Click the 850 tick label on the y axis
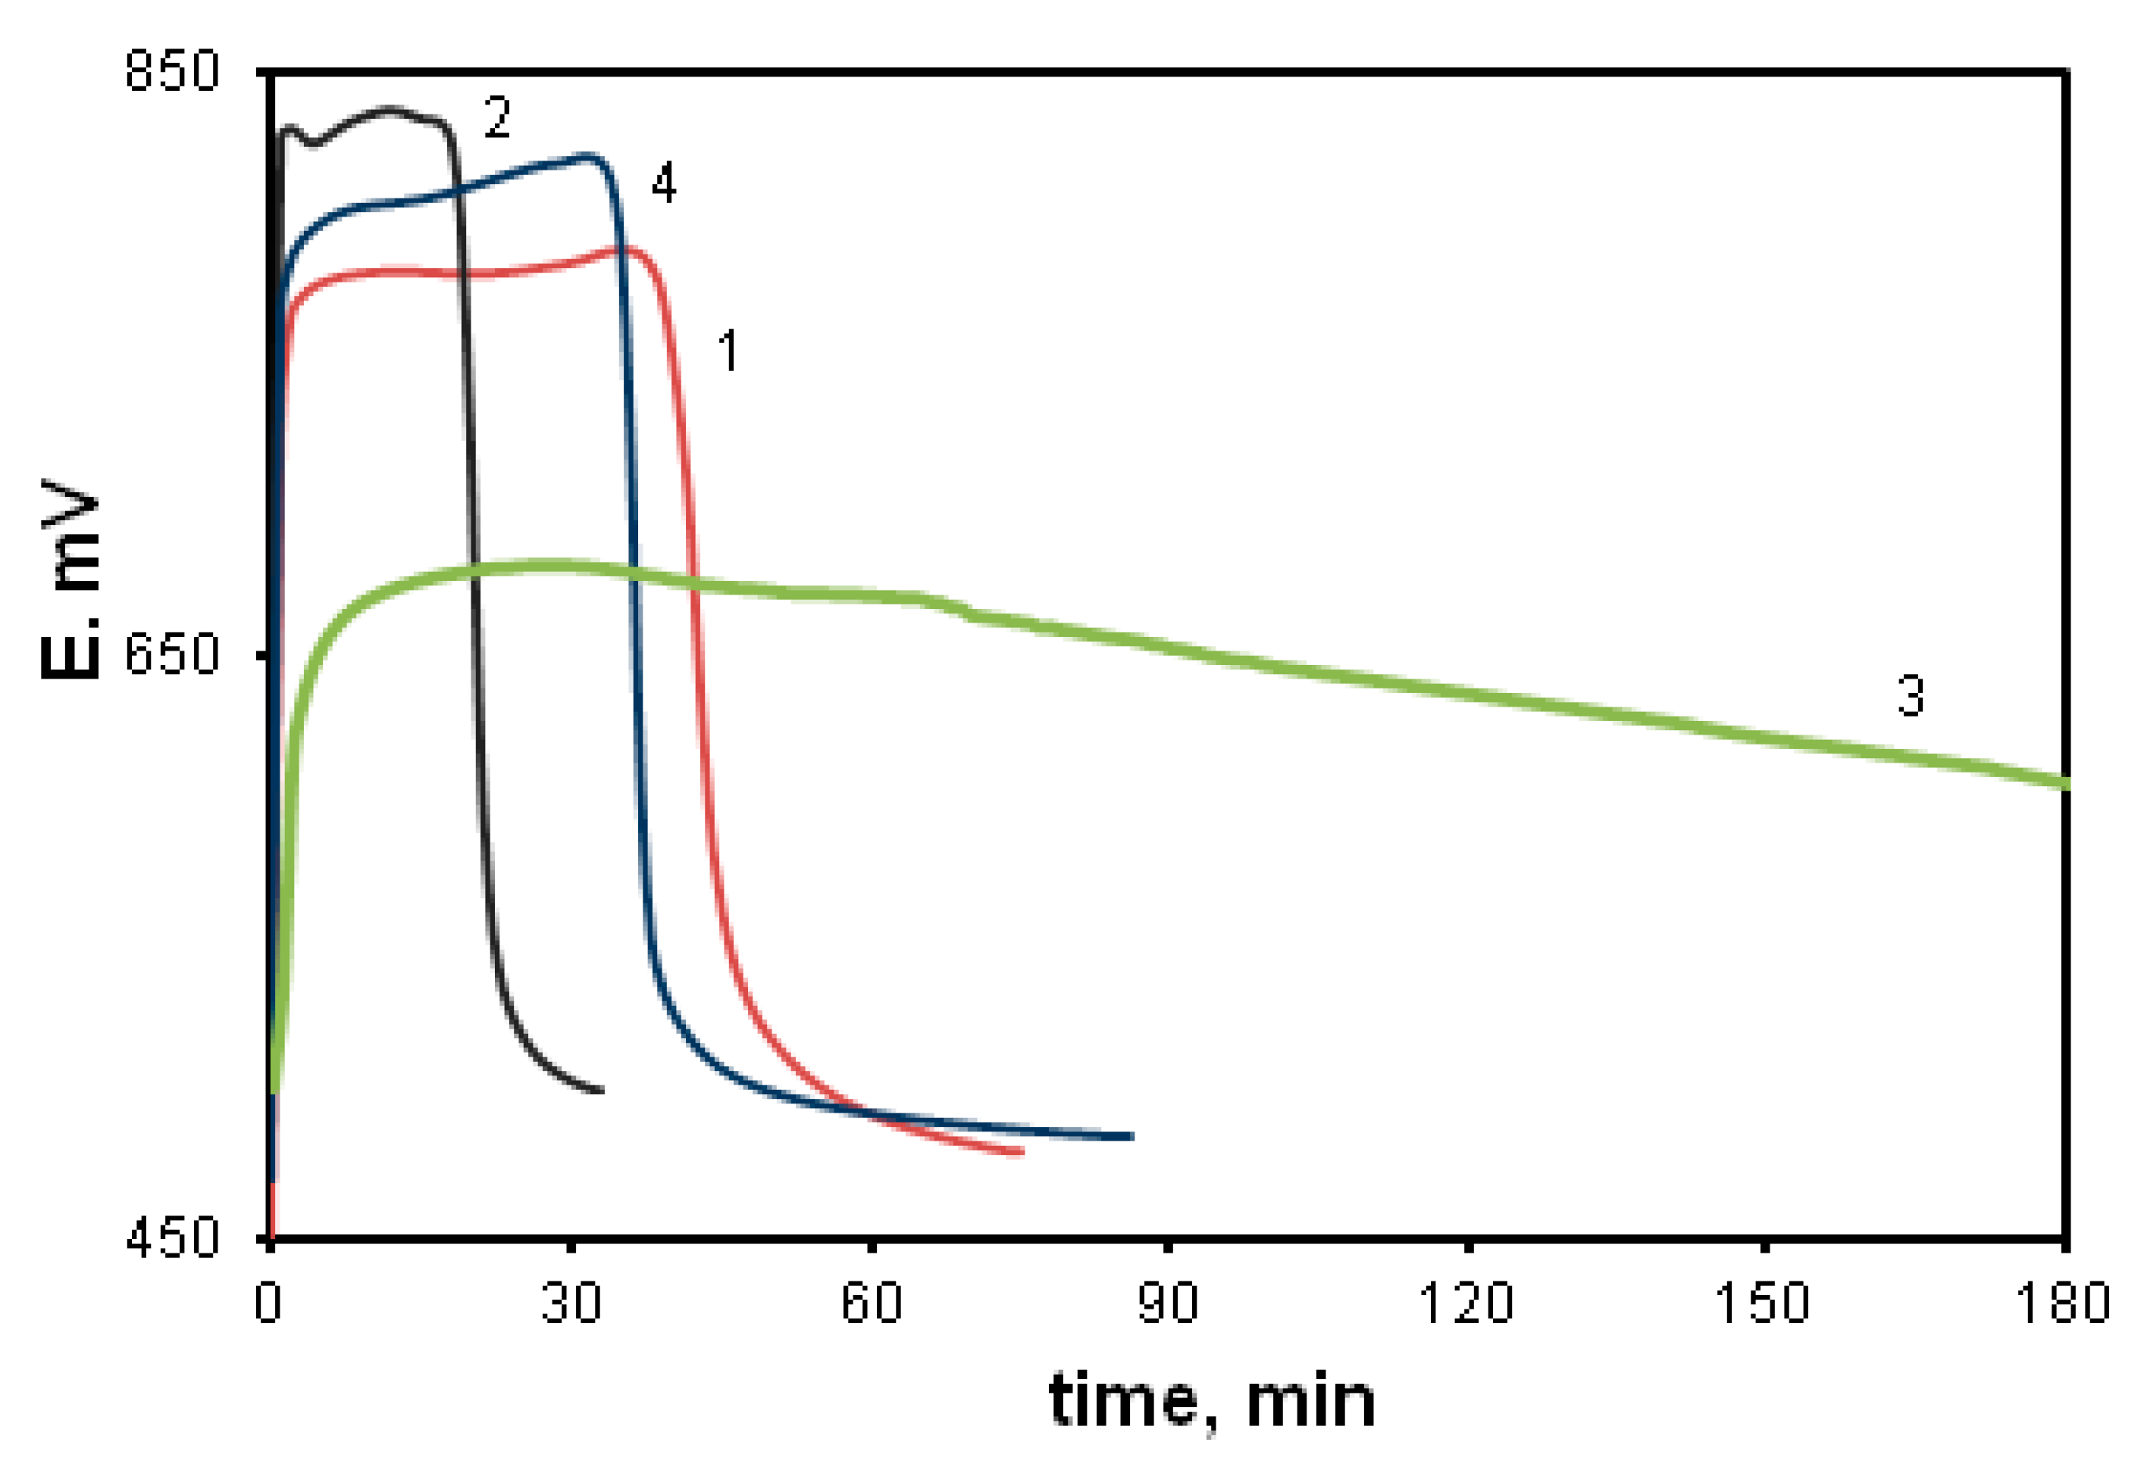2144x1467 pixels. tap(173, 70)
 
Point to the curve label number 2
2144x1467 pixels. tap(497, 117)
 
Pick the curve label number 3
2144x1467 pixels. tap(1911, 695)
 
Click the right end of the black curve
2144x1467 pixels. tap(602, 1090)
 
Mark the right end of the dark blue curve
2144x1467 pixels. tap(1131, 1136)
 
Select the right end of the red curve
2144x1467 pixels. tap(1022, 1153)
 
